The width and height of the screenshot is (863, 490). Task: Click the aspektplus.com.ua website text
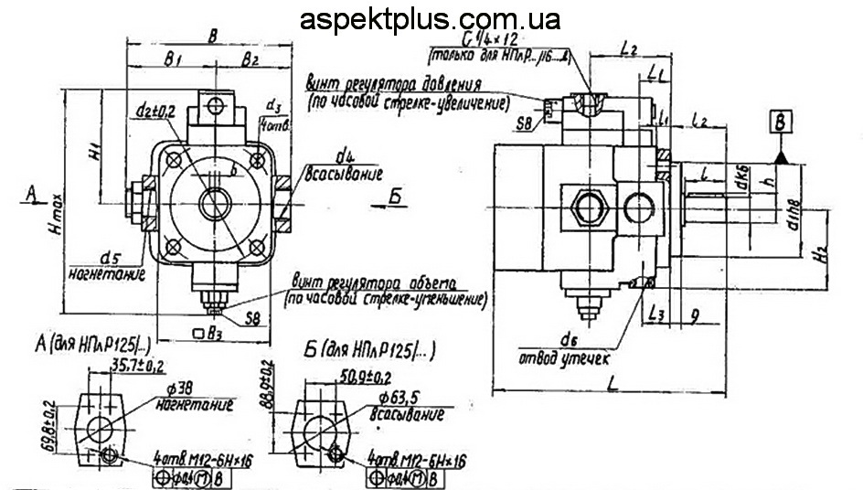(x=430, y=19)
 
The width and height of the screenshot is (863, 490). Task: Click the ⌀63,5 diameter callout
(x=400, y=399)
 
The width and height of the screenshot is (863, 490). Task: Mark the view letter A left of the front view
(x=31, y=194)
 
